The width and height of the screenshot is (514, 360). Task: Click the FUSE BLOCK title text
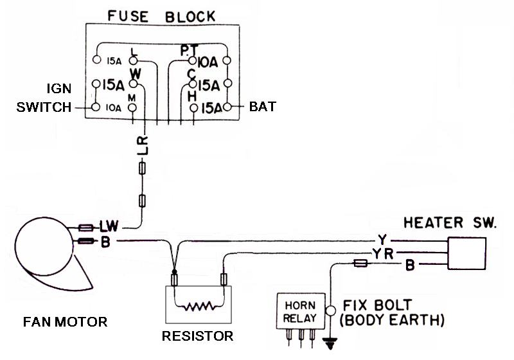[161, 17]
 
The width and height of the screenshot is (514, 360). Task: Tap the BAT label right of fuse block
[263, 107]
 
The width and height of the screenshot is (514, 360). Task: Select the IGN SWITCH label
[44, 98]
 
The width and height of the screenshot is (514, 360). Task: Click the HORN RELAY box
[301, 311]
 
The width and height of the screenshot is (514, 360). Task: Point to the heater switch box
[467, 253]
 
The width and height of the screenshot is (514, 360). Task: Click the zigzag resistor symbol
[199, 307]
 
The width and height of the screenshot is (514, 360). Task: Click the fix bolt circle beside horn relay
[330, 310]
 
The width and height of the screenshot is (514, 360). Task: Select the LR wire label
[143, 145]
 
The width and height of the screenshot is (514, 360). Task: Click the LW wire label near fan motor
[109, 226]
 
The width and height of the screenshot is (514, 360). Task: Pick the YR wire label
[382, 254]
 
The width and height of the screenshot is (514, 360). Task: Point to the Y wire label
[382, 240]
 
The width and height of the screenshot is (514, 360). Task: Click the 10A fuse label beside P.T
[208, 62]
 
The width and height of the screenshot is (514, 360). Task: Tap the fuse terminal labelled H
[194, 108]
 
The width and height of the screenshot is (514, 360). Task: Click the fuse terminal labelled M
[132, 107]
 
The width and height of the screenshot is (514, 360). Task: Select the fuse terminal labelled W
[133, 84]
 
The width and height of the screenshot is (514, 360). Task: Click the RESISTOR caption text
[198, 336]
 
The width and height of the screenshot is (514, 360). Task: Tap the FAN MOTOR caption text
[66, 321]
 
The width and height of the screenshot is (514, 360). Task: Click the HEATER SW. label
[450, 222]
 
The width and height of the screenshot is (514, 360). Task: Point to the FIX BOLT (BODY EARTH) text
[392, 313]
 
